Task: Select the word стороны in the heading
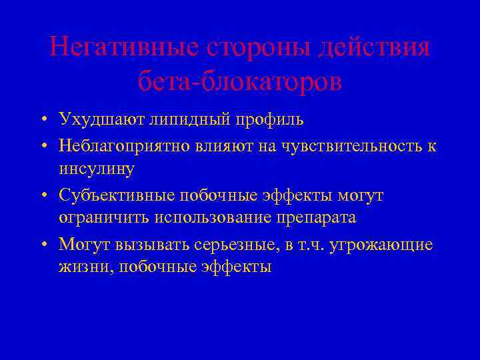[243, 47]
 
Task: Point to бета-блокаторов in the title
[240, 81]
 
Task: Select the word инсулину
[97, 169]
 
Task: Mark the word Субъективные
[115, 195]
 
